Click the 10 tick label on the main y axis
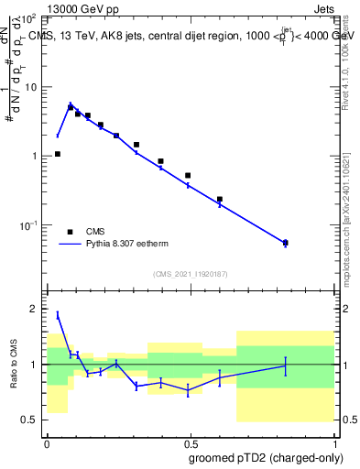coord(31,87)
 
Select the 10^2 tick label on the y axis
coord(29,18)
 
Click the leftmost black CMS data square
coord(58,154)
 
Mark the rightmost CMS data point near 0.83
coord(286,243)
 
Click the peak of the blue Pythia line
coord(71,104)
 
